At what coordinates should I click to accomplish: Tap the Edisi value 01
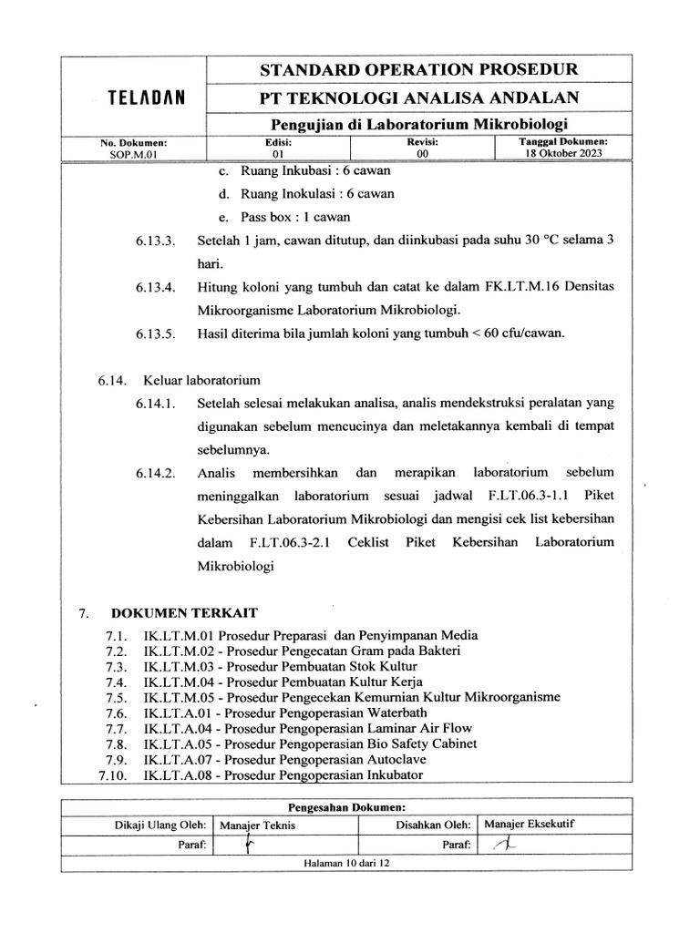(x=278, y=154)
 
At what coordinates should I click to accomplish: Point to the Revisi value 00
(x=422, y=154)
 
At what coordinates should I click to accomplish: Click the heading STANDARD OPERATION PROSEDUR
(x=419, y=69)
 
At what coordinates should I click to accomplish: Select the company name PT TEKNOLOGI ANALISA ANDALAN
(x=419, y=97)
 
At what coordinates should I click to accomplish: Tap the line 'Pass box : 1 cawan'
(x=295, y=217)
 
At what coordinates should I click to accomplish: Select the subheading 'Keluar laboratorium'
(x=201, y=378)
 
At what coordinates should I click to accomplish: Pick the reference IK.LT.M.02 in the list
(x=179, y=651)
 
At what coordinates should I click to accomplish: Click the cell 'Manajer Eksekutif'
(x=530, y=825)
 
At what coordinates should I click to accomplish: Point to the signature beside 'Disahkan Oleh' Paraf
(x=502, y=845)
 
